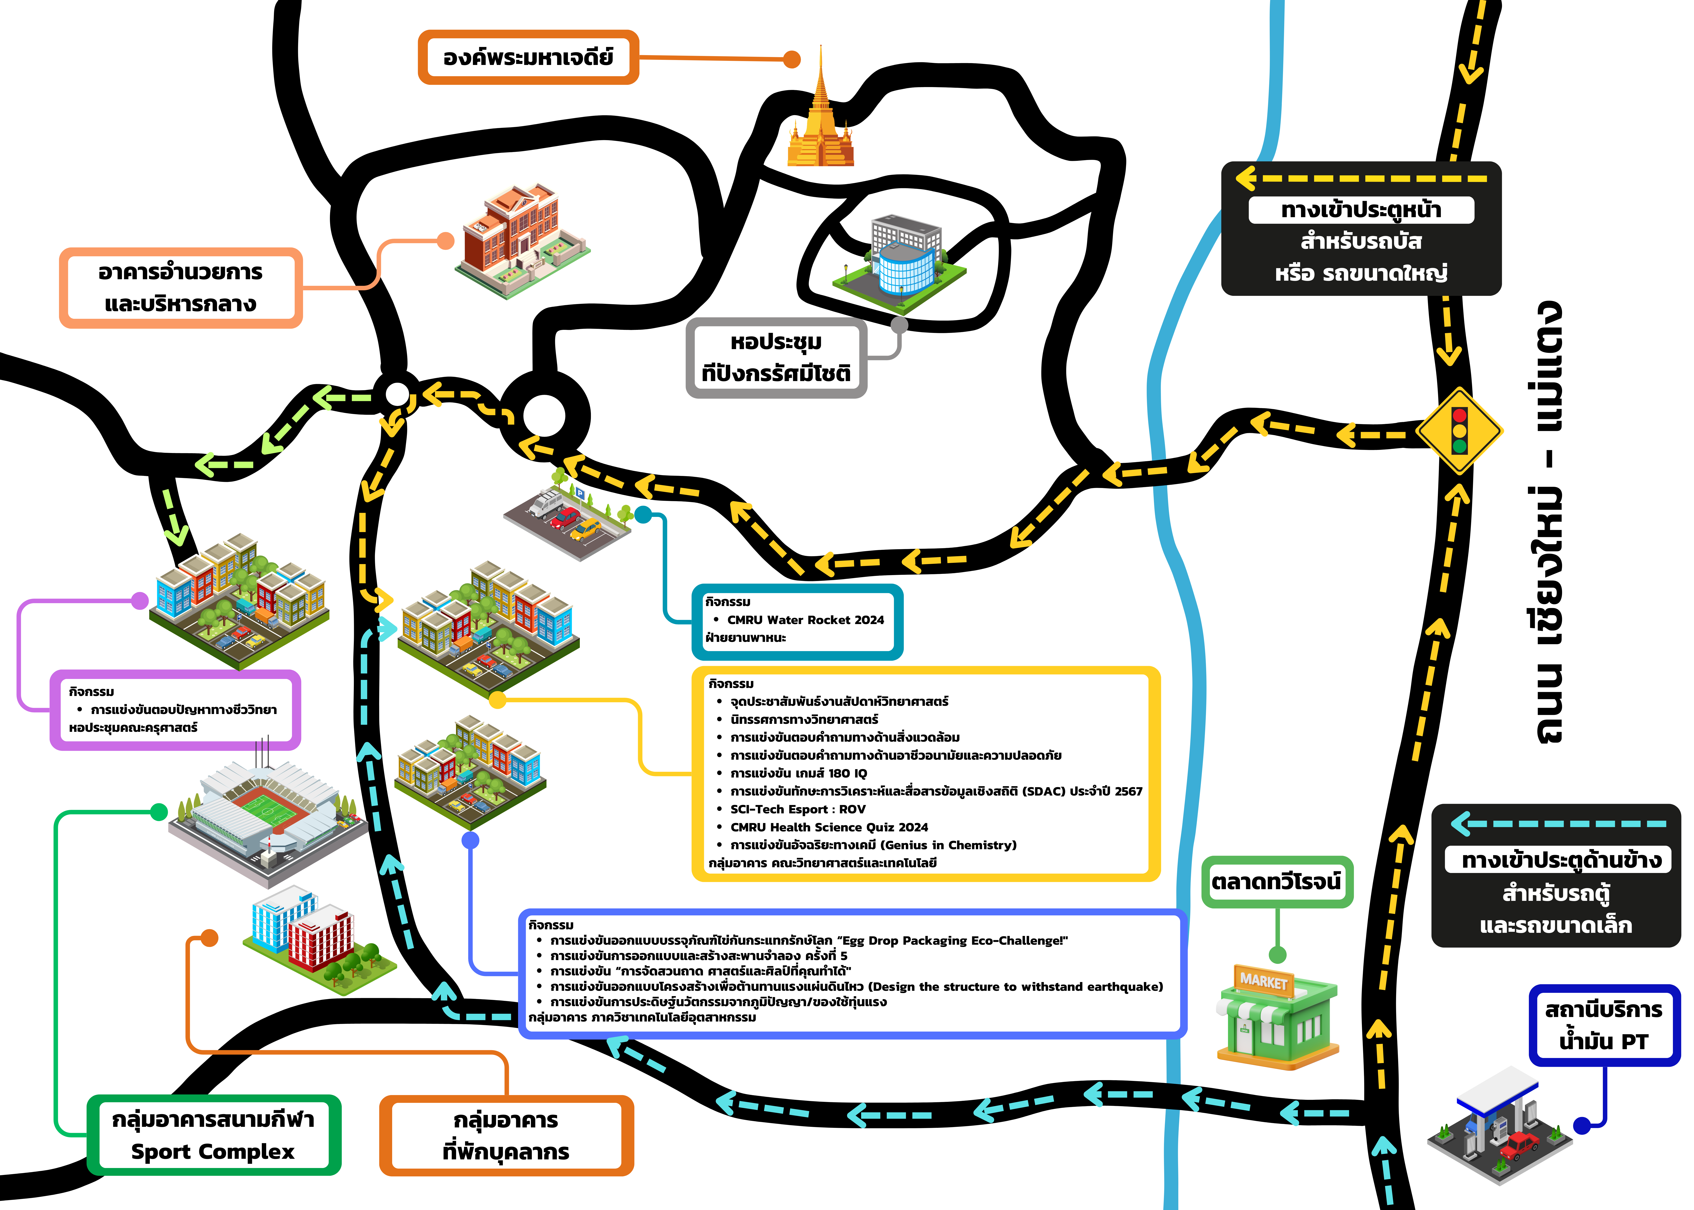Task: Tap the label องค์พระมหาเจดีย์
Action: (x=528, y=57)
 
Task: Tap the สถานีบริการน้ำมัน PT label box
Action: (x=1604, y=1025)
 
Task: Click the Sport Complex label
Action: (x=214, y=1135)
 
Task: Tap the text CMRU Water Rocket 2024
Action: (x=805, y=620)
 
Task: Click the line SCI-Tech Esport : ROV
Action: (x=798, y=809)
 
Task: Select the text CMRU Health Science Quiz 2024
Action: (x=829, y=827)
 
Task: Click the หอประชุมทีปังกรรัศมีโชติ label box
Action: (x=776, y=358)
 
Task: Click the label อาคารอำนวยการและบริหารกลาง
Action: (x=181, y=288)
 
